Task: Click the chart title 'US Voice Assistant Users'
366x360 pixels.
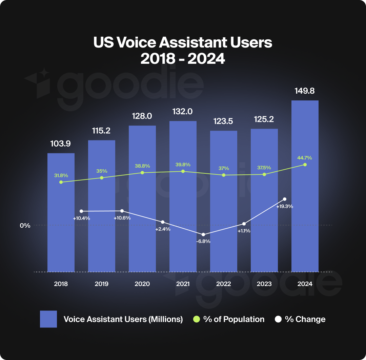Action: coord(183,43)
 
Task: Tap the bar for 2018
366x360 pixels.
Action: coord(61,231)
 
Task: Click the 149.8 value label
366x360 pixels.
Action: coord(305,91)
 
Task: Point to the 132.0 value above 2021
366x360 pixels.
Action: coord(183,112)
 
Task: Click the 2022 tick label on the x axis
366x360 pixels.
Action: coord(223,284)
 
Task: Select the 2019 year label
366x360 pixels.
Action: coord(101,284)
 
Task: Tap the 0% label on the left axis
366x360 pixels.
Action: coord(25,226)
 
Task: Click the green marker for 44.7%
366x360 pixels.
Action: coord(305,165)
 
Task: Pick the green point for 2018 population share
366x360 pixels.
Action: coord(61,182)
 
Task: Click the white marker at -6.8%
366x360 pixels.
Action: coord(203,234)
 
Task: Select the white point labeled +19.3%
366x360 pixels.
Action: coord(285,199)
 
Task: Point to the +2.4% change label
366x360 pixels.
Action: coord(163,229)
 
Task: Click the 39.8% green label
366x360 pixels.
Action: coord(183,165)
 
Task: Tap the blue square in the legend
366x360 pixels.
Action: coord(48,319)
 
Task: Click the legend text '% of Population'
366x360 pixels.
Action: coord(233,319)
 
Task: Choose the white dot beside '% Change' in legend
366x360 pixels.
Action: coord(278,319)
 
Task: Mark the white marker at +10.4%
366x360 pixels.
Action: coord(81,211)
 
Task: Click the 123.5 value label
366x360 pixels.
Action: coord(223,121)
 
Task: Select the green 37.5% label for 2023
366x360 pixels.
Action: coord(264,168)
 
